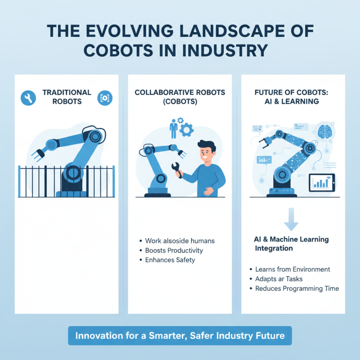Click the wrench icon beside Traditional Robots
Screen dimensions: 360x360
point(28,97)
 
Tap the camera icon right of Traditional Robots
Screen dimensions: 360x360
point(105,97)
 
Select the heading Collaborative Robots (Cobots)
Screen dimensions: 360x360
point(180,97)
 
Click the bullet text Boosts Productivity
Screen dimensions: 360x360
point(174,250)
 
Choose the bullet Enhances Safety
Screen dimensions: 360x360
point(170,260)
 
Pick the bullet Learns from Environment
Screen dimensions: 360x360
point(292,269)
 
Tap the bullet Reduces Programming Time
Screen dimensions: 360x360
point(297,288)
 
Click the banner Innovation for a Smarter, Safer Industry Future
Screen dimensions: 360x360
point(180,336)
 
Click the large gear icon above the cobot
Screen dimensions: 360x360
point(187,129)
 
